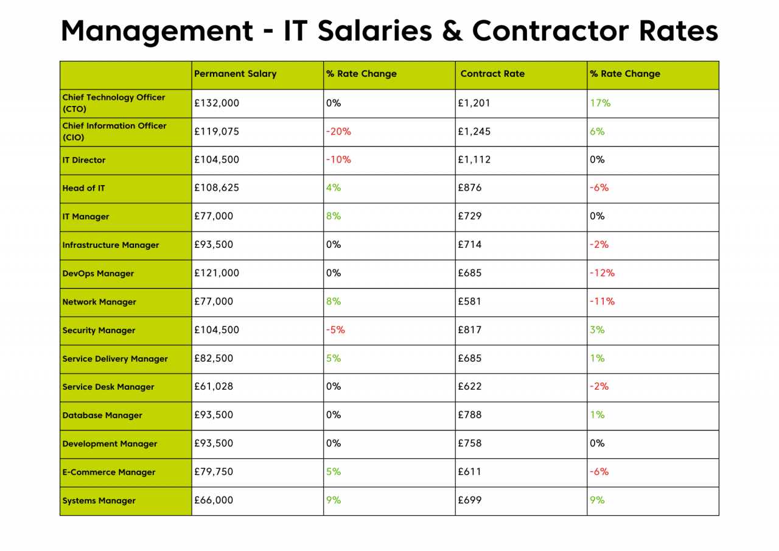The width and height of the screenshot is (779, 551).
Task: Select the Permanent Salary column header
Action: [235, 74]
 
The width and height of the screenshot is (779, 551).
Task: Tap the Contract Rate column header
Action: [492, 74]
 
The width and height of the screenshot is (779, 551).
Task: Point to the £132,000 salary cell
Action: [217, 104]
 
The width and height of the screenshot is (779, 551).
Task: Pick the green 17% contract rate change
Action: [600, 104]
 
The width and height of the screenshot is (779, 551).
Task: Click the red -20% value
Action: [337, 132]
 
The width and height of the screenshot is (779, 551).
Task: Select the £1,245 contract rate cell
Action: [474, 132]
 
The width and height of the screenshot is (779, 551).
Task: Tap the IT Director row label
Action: [84, 161]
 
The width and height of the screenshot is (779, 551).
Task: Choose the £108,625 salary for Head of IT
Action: [217, 188]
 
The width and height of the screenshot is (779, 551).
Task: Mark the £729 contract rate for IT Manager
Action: [469, 217]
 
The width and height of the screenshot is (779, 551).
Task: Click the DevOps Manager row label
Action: [99, 273]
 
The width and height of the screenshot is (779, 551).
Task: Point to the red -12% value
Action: [603, 273]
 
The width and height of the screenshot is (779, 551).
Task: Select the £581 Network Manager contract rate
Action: [469, 301]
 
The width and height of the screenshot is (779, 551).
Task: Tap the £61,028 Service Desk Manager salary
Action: [214, 387]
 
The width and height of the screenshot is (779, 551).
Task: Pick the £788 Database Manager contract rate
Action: [469, 415]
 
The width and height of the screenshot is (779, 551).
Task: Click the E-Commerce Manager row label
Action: [109, 472]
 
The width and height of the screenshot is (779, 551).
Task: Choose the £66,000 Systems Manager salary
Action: [214, 500]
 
